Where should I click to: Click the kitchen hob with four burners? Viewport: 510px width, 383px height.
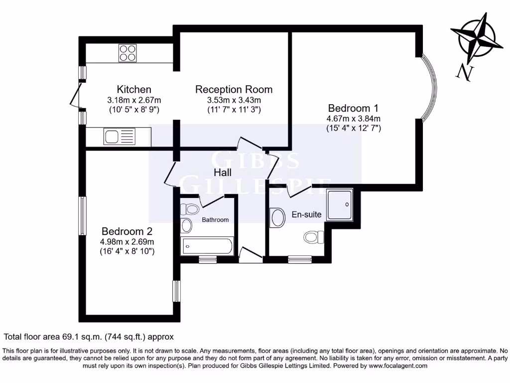point(127,53)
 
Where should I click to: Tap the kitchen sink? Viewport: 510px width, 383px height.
point(119,136)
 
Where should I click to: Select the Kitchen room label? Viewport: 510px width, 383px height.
point(134,89)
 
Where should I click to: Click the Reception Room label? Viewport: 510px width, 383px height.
point(234,89)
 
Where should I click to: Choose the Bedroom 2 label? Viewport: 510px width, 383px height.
point(127,231)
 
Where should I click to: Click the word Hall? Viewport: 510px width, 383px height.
point(223,173)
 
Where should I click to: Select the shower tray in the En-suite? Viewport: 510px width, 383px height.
point(340,204)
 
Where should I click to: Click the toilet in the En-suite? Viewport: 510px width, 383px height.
point(313,236)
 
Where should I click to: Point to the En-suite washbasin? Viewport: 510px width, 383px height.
point(276,218)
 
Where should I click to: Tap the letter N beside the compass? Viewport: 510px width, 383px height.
point(464,72)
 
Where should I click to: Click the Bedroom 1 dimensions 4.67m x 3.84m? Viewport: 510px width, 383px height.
point(353,119)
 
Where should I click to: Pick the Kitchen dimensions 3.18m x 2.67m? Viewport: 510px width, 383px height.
point(134,100)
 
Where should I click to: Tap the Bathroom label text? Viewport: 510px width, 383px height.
point(215,220)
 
